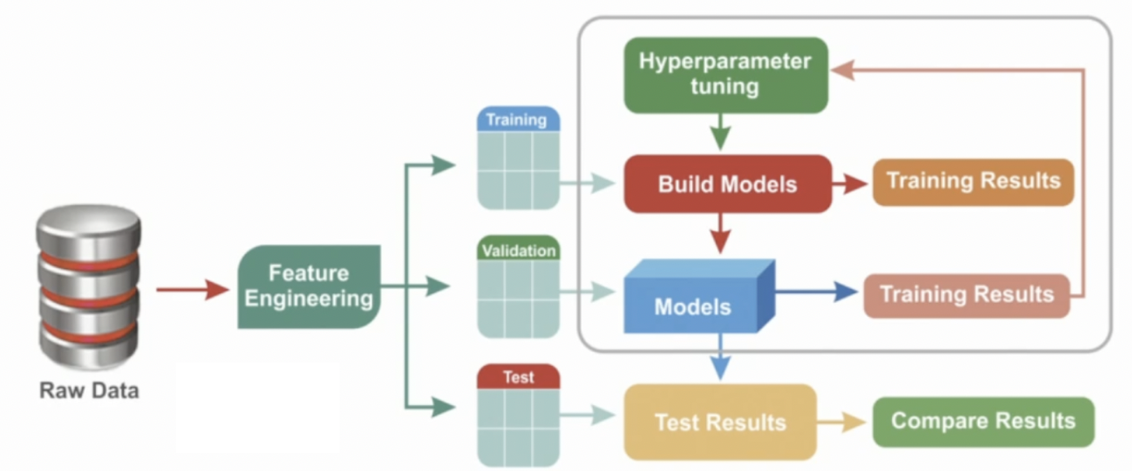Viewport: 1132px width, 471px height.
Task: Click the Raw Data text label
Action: pos(89,390)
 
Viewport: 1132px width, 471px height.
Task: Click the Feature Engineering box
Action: pos(309,286)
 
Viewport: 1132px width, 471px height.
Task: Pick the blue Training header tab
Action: pos(516,120)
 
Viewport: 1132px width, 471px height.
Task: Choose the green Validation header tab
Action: pos(518,250)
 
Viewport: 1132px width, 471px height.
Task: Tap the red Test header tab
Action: pos(518,376)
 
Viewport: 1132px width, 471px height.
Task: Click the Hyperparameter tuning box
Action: pos(725,74)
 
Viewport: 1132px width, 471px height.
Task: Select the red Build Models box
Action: pos(726,184)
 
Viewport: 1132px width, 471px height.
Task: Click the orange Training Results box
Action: pos(973,181)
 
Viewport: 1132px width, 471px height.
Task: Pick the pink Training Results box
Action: pos(966,294)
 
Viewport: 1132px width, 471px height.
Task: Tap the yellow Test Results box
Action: pos(720,422)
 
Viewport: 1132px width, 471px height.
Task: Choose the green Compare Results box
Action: pos(982,421)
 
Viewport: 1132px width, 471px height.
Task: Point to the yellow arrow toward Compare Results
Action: pos(842,421)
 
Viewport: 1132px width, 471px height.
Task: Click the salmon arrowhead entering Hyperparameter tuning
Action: pos(844,71)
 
